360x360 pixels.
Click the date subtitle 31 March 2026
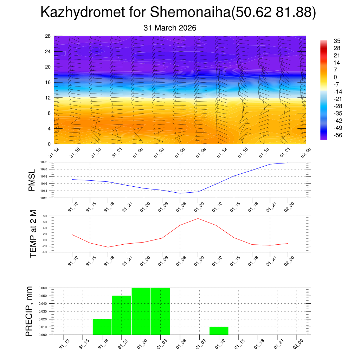170,28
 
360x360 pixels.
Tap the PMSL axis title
32,180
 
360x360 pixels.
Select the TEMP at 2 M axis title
33,234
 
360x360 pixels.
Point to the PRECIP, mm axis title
30,311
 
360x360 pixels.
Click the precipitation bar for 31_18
102,327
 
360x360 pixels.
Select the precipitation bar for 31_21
122,315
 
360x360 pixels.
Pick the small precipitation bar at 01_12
219,331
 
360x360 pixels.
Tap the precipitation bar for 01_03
161,311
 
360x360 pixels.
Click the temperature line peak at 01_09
198,218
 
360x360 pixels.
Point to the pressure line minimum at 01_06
180,193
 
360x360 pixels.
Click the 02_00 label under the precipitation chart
298,343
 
